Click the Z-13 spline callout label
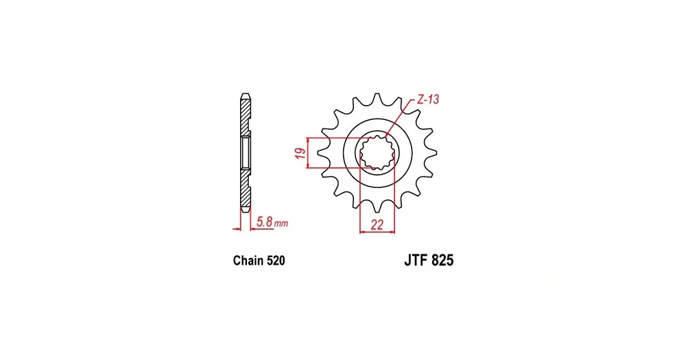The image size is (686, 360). [427, 99]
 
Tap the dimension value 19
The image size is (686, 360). [300, 153]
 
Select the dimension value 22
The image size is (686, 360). [377, 225]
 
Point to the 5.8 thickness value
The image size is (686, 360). [265, 221]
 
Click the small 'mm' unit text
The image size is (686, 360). [281, 224]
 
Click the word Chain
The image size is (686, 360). [248, 261]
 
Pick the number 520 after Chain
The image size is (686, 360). [276, 261]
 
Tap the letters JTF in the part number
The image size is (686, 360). [416, 261]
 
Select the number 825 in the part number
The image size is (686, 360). [442, 261]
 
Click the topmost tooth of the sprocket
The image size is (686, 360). [377, 98]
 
